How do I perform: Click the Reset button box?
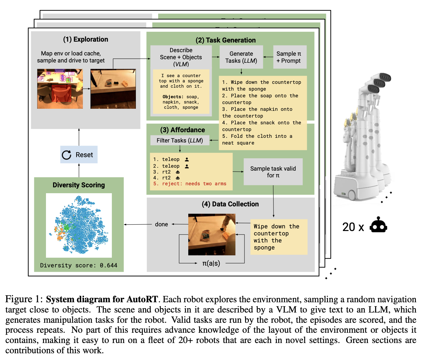79,154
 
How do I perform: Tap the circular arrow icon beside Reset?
67,155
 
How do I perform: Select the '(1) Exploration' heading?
86,39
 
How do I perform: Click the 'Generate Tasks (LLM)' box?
241,57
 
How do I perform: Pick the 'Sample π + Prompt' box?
290,57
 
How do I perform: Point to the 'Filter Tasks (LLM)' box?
180,140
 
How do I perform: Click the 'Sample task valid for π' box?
273,172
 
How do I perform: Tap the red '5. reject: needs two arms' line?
190,184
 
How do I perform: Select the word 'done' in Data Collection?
161,224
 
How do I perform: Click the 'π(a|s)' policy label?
211,263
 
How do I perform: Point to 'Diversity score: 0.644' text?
78,265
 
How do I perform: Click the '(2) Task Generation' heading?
225,40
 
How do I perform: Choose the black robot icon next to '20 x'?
378,225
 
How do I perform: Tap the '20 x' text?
353,227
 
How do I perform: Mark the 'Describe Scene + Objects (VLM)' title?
181,57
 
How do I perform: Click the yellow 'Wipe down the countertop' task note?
278,237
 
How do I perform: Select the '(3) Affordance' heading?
182,130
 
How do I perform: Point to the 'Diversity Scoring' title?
79,185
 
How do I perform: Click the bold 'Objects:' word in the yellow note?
173,97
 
